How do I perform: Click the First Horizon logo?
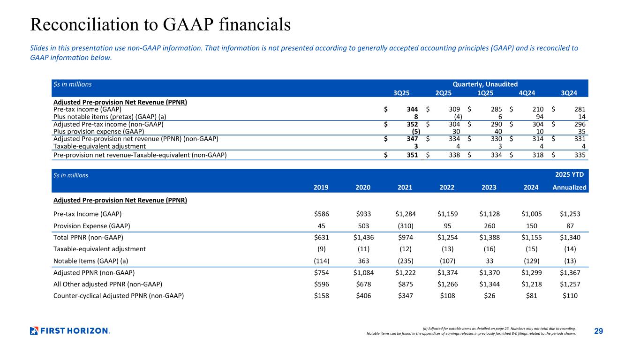coord(70,331)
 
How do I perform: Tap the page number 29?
coord(598,331)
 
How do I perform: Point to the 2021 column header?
coord(405,187)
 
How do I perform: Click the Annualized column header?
coord(569,187)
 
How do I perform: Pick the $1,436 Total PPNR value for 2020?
coord(364,237)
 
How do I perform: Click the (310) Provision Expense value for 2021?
coord(405,225)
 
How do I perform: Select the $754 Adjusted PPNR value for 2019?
coord(322,272)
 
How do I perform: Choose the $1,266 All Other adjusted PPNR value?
coord(447,284)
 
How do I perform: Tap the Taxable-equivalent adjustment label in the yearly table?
coord(99,249)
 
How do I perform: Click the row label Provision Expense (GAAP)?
coord(91,225)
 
